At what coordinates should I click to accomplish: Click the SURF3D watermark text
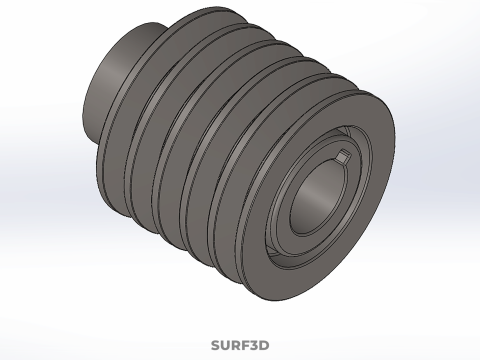[x=240, y=345]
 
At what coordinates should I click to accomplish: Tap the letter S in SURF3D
[x=216, y=345]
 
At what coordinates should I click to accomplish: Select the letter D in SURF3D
[x=264, y=345]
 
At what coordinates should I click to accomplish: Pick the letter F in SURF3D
[x=243, y=345]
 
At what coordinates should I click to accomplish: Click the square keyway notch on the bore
[x=343, y=156]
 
